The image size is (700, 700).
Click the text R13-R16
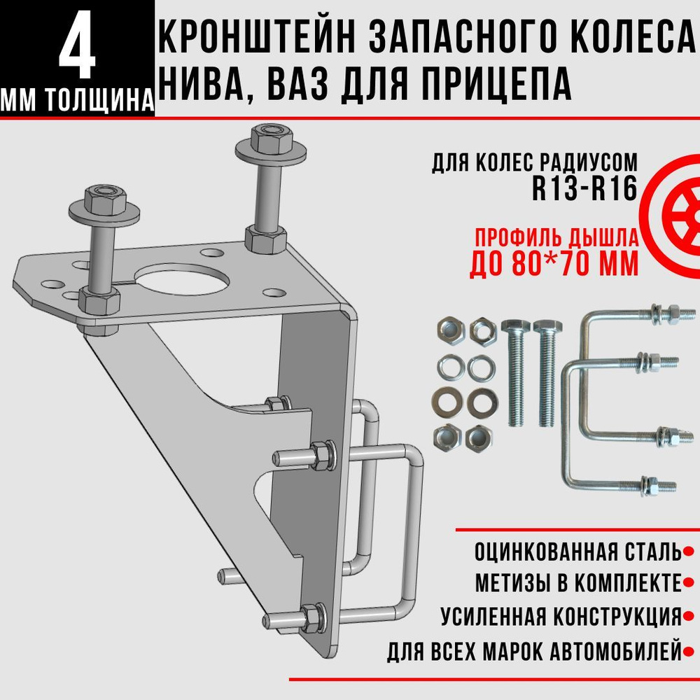[x=584, y=190]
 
